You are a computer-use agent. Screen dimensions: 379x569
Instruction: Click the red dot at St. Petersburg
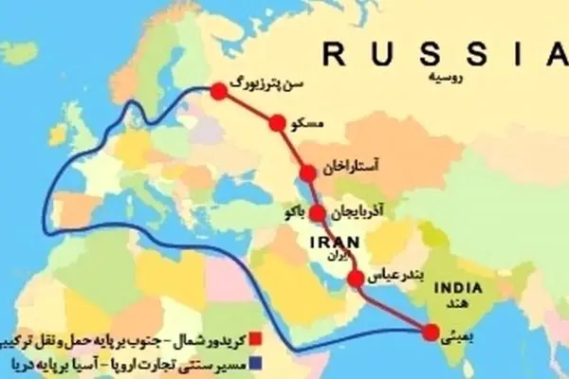[219, 91]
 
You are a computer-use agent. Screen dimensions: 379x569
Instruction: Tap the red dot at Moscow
[277, 123]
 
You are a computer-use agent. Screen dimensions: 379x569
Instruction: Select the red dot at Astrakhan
[308, 172]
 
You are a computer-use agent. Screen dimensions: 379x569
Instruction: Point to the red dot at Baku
[317, 212]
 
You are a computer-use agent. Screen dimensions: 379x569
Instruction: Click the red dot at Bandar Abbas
[356, 278]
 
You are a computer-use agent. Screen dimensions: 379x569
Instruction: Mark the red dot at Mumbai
[431, 332]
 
